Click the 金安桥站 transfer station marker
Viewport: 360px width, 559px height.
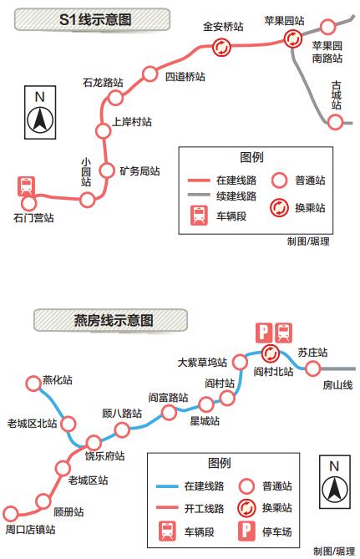(x=221, y=47)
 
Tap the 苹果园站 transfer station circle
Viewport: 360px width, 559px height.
(x=293, y=38)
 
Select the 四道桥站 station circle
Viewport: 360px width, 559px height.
(x=150, y=74)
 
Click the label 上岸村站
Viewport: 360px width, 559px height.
(x=132, y=122)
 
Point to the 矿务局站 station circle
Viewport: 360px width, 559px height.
(x=107, y=170)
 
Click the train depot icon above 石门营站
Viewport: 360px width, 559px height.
(x=27, y=185)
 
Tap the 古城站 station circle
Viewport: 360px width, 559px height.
(x=335, y=122)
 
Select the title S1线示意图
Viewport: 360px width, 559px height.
(x=95, y=19)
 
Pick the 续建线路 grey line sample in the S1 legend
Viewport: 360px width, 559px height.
(x=199, y=195)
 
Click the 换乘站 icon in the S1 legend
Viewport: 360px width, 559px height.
(x=279, y=208)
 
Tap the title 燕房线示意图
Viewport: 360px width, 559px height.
(x=114, y=320)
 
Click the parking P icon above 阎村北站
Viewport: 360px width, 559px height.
(x=264, y=333)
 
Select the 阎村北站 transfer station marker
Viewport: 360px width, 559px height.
(x=271, y=353)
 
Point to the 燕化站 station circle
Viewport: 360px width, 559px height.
(x=33, y=384)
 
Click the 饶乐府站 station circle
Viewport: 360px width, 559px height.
(x=94, y=443)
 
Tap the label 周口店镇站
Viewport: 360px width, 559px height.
(x=31, y=530)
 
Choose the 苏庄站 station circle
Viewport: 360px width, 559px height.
(x=312, y=368)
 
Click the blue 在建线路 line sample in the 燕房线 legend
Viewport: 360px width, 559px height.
(x=167, y=486)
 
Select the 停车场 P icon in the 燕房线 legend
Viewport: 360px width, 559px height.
(x=246, y=531)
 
